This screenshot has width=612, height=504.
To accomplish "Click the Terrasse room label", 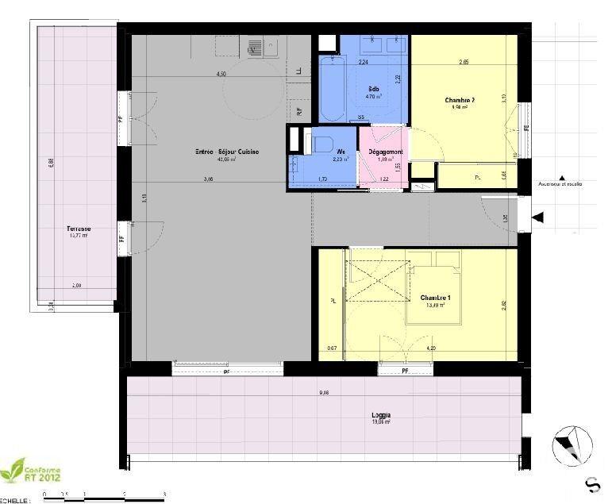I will (79, 229).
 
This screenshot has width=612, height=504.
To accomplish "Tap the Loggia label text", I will (380, 415).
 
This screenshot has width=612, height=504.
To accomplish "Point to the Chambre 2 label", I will (460, 100).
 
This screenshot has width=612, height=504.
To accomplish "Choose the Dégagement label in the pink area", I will (385, 152).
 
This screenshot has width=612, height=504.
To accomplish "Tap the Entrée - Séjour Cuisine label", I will (228, 152).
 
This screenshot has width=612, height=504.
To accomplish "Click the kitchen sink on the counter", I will (256, 48).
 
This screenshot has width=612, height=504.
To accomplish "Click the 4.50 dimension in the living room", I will (222, 74).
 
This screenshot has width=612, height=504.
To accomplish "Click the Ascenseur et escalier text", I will (560, 183).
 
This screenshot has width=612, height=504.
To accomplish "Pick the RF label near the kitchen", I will (299, 111).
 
